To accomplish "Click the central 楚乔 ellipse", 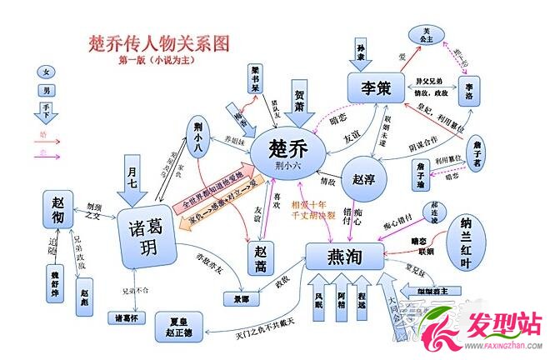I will coord(287,153).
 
